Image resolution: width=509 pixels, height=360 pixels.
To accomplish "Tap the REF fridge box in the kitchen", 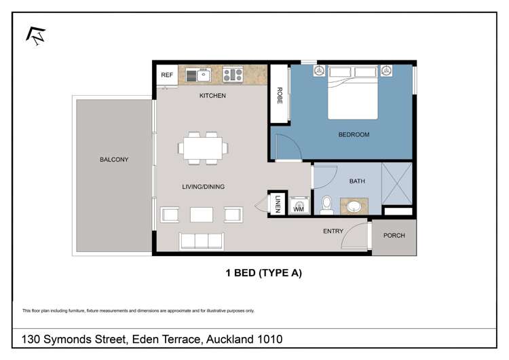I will point(166,75).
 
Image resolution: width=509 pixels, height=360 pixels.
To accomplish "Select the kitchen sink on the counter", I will point(200,75).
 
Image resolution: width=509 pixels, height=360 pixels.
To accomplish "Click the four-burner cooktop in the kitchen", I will point(233,75).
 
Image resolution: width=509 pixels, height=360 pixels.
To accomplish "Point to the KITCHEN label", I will point(212,96).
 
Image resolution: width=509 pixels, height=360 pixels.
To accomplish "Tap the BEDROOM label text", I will point(354,134).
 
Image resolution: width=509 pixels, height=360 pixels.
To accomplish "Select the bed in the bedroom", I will point(353,92).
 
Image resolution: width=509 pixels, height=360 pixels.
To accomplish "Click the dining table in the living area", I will point(204,148).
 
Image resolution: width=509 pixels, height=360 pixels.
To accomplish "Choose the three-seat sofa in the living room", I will point(202,241).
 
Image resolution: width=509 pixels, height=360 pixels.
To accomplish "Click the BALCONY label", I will point(114,160).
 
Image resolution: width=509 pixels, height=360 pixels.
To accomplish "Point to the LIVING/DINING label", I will point(203,187).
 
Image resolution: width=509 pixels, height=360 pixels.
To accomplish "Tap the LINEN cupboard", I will point(278,202).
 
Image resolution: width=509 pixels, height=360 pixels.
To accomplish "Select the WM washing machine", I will point(299,207).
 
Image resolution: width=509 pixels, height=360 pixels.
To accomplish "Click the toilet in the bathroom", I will point(326,204).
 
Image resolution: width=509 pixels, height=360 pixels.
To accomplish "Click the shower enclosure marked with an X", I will point(396,184).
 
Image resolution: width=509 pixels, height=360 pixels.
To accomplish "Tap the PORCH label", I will point(394,236).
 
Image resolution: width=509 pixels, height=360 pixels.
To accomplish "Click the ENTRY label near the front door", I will point(333,231).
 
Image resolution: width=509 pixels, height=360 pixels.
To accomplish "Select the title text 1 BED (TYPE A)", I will point(263,274).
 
